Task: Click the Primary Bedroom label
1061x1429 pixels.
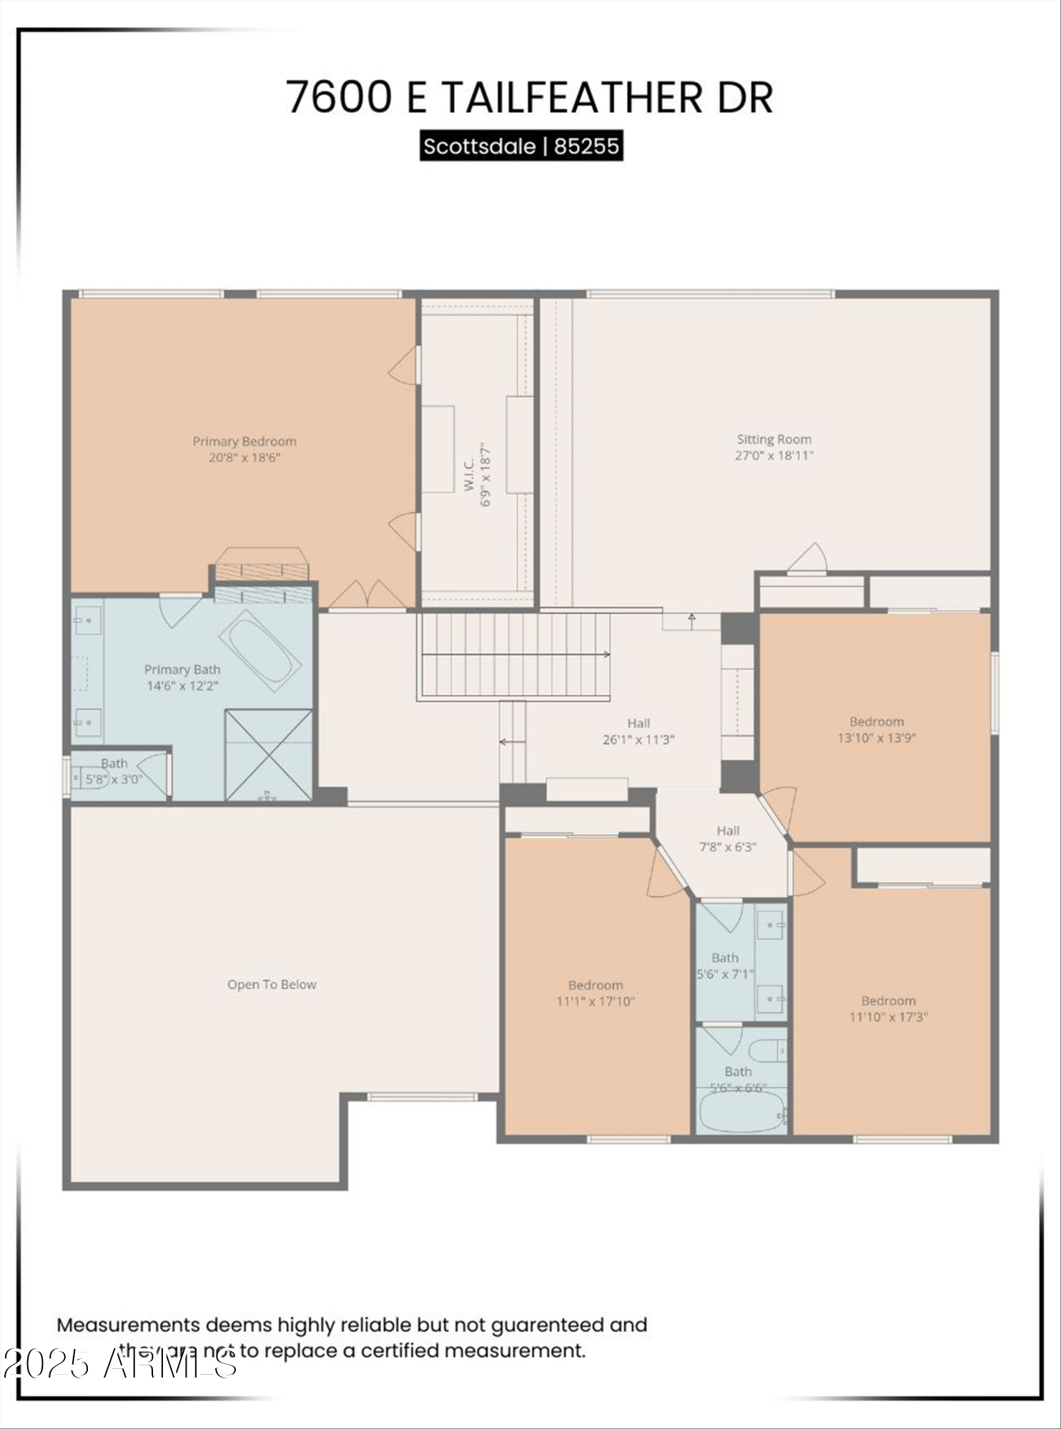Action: click(244, 442)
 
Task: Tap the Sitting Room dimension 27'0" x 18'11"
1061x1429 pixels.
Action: click(774, 455)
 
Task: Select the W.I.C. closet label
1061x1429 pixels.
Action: click(470, 474)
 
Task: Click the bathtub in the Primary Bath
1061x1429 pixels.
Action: click(260, 650)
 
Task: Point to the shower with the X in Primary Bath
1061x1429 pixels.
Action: click(268, 755)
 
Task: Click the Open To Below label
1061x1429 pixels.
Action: click(272, 985)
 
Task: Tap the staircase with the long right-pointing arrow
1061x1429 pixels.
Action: click(513, 654)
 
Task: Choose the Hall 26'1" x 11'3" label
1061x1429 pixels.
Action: click(638, 732)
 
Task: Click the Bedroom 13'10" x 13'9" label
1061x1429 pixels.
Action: click(877, 730)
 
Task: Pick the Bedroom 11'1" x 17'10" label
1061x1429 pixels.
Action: click(596, 993)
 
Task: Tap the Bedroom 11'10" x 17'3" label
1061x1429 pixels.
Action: click(888, 1009)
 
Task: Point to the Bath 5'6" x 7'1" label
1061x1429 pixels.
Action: click(725, 965)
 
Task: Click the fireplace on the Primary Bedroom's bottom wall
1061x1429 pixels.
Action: click(262, 564)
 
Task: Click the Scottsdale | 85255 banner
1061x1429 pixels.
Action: click(521, 146)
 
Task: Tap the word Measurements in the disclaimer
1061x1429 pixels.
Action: click(129, 1325)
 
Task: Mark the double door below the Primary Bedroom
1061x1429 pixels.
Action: click(367, 594)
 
